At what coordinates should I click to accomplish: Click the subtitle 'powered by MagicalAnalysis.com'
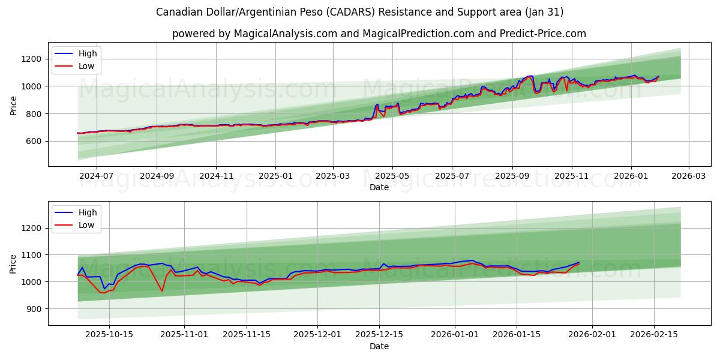click(379, 34)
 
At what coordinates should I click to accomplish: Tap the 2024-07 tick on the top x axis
click(96, 176)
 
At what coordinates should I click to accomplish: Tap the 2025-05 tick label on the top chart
click(392, 176)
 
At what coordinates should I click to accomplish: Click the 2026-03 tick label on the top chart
click(688, 176)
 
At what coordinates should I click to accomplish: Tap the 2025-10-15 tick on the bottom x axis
click(109, 335)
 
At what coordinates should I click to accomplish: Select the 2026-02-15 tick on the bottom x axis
click(654, 335)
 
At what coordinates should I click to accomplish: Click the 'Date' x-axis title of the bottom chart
click(379, 346)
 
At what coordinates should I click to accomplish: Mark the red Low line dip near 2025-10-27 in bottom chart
click(162, 291)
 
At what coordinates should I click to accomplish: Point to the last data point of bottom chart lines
click(579, 263)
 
